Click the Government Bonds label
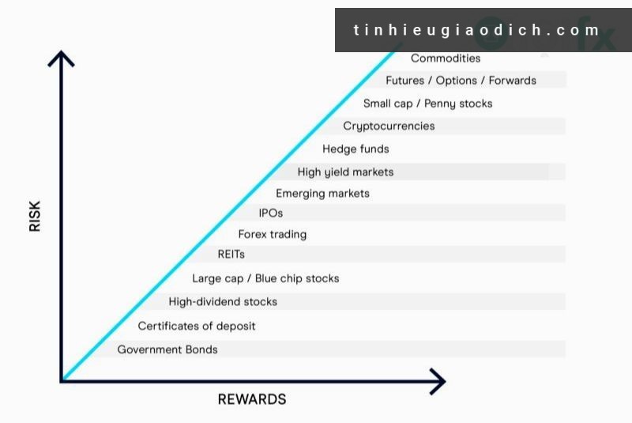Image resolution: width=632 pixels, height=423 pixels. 167,349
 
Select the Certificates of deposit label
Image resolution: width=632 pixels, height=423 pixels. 197,326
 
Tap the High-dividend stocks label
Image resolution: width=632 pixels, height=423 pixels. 223,301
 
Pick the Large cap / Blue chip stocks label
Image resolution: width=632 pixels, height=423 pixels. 265,278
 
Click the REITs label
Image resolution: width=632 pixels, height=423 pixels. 231,255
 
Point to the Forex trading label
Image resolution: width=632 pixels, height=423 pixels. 273,234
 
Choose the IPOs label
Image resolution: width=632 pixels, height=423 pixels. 271,213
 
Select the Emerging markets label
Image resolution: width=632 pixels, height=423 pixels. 322,193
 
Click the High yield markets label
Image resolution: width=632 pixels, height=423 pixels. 345,172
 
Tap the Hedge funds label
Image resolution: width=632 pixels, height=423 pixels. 355,149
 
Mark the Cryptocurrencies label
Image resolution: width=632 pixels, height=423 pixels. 389,126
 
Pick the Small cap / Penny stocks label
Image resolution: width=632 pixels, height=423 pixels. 427,104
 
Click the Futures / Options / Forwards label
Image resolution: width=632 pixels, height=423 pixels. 461,81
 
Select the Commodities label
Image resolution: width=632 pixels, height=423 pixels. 446,58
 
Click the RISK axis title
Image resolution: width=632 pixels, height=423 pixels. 35,214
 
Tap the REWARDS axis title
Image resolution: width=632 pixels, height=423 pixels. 252,399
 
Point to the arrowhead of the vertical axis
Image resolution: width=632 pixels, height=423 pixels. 61,57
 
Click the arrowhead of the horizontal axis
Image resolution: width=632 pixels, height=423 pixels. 437,381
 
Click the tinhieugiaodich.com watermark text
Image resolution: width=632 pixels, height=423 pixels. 477,31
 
